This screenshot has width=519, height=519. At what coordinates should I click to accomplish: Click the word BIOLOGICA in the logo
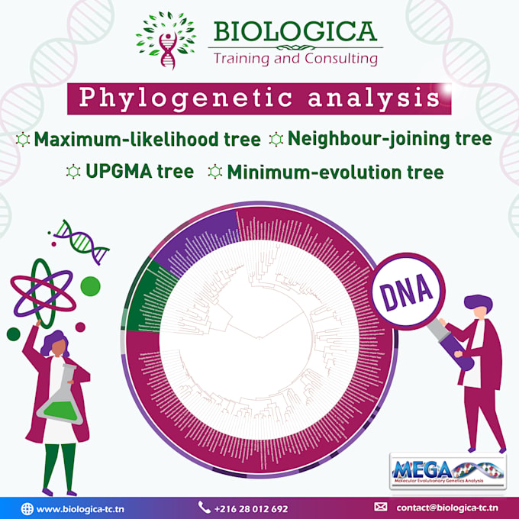coord(295,32)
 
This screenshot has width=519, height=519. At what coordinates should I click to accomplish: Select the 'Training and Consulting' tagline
coord(295,58)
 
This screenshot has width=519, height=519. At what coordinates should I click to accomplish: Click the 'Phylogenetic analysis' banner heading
coord(259,99)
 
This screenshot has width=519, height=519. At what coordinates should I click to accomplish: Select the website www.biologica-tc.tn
coord(81,508)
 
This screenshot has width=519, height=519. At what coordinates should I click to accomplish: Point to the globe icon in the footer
coord(27,508)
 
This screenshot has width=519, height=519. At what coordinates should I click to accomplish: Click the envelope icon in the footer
coord(381,507)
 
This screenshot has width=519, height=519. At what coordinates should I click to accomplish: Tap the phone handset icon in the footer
coord(204,507)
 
